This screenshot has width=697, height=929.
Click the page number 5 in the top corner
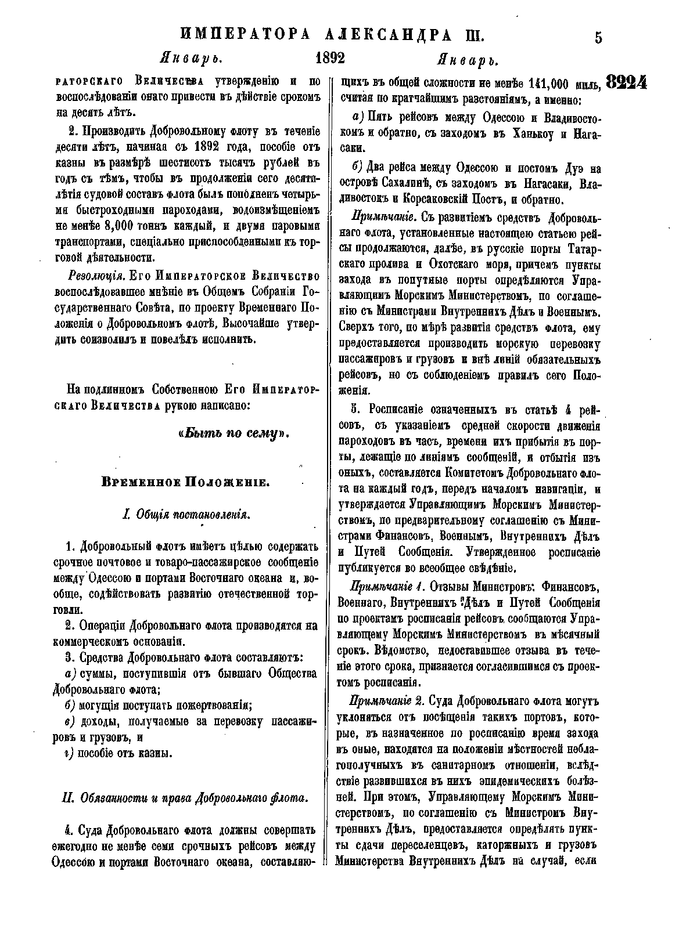tap(598, 38)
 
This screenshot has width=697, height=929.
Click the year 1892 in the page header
tap(330, 60)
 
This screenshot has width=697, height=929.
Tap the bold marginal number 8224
tap(627, 82)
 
